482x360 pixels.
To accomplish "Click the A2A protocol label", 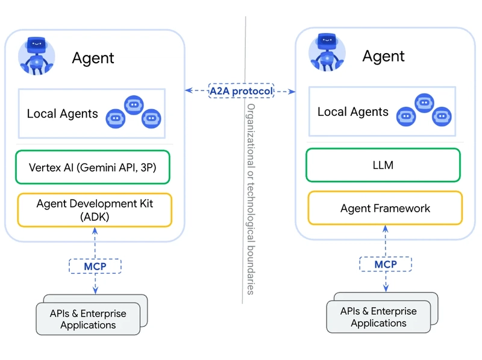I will click(241, 91).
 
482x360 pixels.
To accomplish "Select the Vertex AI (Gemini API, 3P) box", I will click(92, 167).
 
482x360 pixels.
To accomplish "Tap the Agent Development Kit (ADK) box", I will click(95, 210).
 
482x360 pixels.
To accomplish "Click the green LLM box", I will click(383, 165).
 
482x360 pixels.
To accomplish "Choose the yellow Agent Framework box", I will click(385, 209).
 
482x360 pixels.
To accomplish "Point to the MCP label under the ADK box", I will click(95, 266).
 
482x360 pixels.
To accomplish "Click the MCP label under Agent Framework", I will click(386, 264).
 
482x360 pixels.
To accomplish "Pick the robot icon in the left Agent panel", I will click(36, 55).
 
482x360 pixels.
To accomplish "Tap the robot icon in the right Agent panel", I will click(327, 52).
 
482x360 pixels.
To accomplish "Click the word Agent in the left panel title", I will click(93, 58).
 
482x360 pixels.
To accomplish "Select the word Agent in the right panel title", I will click(383, 57).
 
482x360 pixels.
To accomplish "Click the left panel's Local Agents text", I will click(62, 113).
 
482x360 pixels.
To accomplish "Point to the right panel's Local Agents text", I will click(352, 112).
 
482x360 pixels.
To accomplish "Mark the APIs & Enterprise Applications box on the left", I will click(88, 319).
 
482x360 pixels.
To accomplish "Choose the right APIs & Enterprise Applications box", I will click(378, 317).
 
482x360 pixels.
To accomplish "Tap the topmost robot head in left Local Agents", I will click(134, 104).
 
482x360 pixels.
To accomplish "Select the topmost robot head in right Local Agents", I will click(424, 103).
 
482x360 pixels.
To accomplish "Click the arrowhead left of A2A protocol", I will click(189, 90).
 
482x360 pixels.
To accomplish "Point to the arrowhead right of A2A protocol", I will click(292, 92).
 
